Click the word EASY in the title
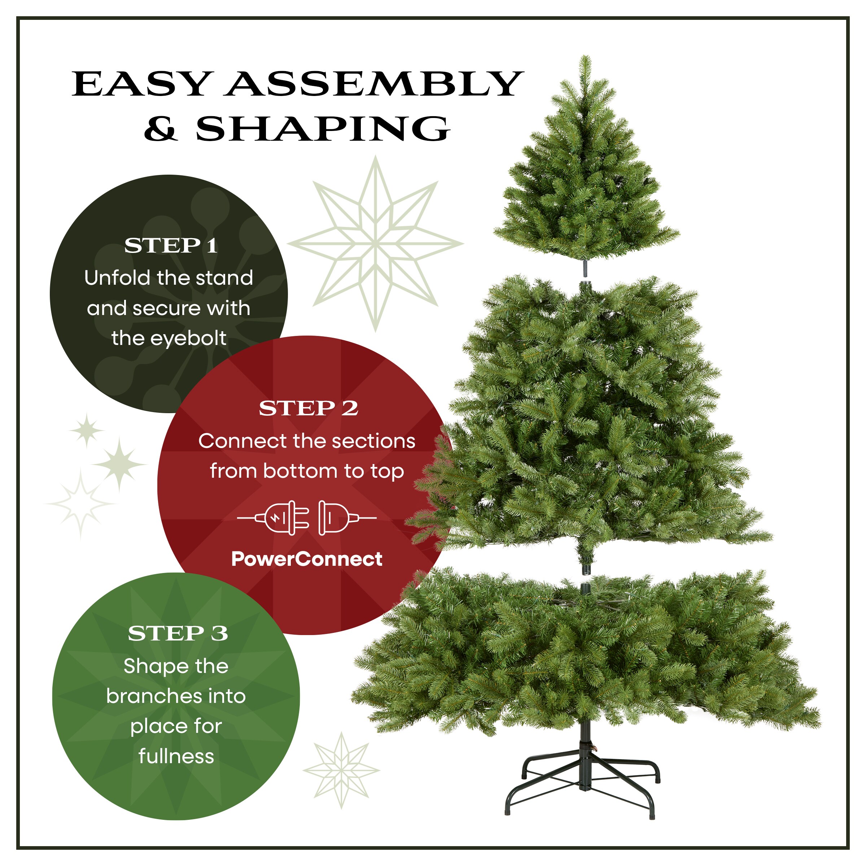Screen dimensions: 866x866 coord(141,84)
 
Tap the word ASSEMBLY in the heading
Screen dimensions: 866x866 coord(374,84)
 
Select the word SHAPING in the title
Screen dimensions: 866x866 coord(322,129)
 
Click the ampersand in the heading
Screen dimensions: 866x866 coord(161,129)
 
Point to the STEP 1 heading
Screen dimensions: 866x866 coord(171,246)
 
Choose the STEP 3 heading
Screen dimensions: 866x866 coord(178,633)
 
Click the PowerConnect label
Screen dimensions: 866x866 coord(307,559)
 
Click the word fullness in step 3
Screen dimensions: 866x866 coord(176,757)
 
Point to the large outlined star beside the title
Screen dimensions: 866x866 coord(376,244)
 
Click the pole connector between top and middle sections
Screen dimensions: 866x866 coord(585,269)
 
